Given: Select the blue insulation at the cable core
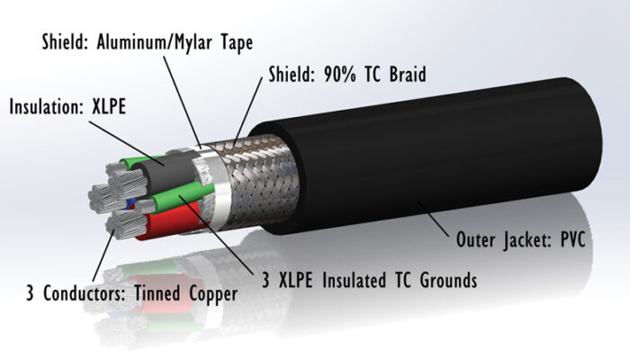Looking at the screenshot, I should click(132, 203).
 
